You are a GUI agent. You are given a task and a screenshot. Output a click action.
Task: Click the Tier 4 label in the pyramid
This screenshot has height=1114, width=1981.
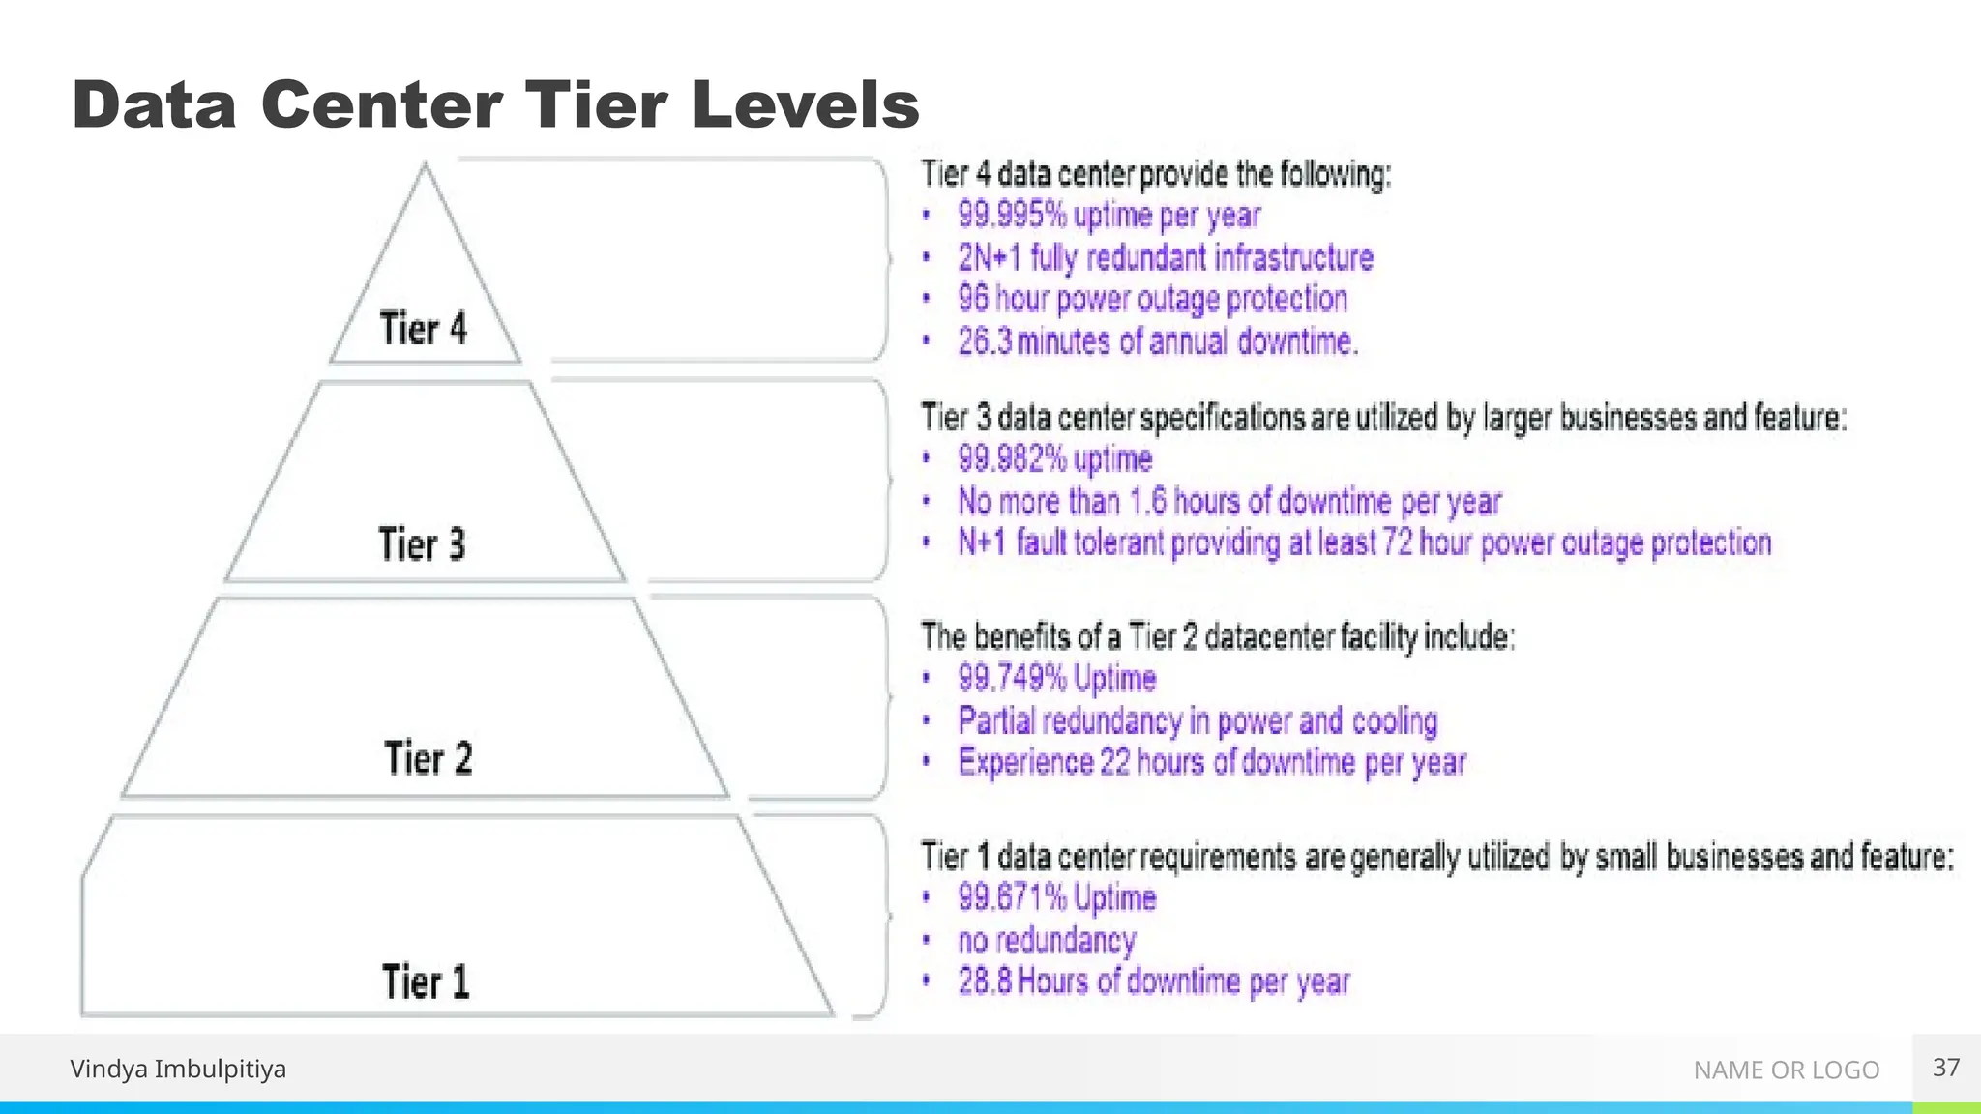423,329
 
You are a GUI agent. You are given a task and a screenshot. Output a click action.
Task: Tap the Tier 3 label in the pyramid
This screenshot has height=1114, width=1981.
422,544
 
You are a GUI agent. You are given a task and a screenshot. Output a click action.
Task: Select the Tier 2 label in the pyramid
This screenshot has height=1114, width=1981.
429,758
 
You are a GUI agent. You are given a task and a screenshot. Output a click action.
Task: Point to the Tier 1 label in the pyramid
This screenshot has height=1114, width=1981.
426,982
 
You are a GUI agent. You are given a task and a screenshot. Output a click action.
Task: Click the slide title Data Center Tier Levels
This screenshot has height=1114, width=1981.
495,104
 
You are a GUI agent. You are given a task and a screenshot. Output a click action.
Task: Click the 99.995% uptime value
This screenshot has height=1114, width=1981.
1013,215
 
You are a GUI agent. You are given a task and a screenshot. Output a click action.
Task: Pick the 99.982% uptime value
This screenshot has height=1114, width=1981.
1013,458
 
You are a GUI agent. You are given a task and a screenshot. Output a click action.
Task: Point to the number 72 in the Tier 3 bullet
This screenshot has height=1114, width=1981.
1397,543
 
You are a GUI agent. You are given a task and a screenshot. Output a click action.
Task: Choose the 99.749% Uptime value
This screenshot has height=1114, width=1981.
1013,678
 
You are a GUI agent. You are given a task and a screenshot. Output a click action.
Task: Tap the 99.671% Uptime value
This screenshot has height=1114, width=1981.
1013,897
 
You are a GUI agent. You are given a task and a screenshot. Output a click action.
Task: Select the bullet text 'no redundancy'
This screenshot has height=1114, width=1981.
1047,940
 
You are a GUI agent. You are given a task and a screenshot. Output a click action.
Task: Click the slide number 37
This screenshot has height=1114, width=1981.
1946,1068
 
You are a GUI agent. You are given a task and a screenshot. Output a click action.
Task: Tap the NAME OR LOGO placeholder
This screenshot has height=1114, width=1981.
1786,1070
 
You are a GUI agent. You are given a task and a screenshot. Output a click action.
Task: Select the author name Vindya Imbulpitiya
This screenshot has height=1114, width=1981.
178,1069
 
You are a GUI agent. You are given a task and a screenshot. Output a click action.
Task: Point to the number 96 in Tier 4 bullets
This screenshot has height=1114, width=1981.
973,299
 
